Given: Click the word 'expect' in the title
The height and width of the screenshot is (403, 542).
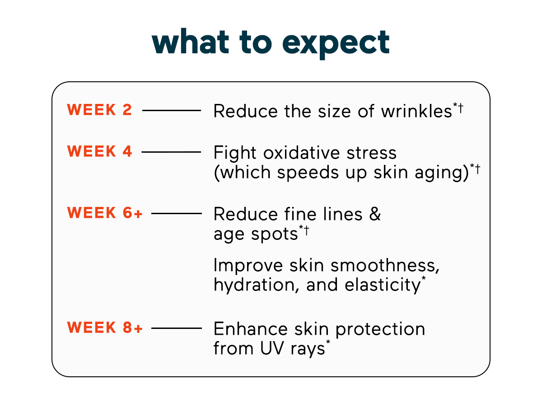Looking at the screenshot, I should [x=336, y=43].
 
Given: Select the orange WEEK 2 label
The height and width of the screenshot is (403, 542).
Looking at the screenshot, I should [x=100, y=110].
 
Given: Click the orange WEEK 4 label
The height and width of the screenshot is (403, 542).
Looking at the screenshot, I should [x=100, y=151].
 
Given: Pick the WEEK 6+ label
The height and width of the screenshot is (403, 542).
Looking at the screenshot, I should [x=105, y=213].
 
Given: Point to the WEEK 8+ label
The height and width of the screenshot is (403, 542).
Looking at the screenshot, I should [x=105, y=328].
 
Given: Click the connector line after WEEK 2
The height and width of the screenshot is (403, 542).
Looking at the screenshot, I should [x=172, y=110].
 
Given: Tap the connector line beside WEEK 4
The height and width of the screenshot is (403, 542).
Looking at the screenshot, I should [x=172, y=152].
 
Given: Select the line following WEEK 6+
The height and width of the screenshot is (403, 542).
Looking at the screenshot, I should [x=177, y=213].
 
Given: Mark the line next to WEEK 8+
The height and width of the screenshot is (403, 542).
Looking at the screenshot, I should [x=177, y=328].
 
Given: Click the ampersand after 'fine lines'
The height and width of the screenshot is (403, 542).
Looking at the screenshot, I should [x=374, y=214].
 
